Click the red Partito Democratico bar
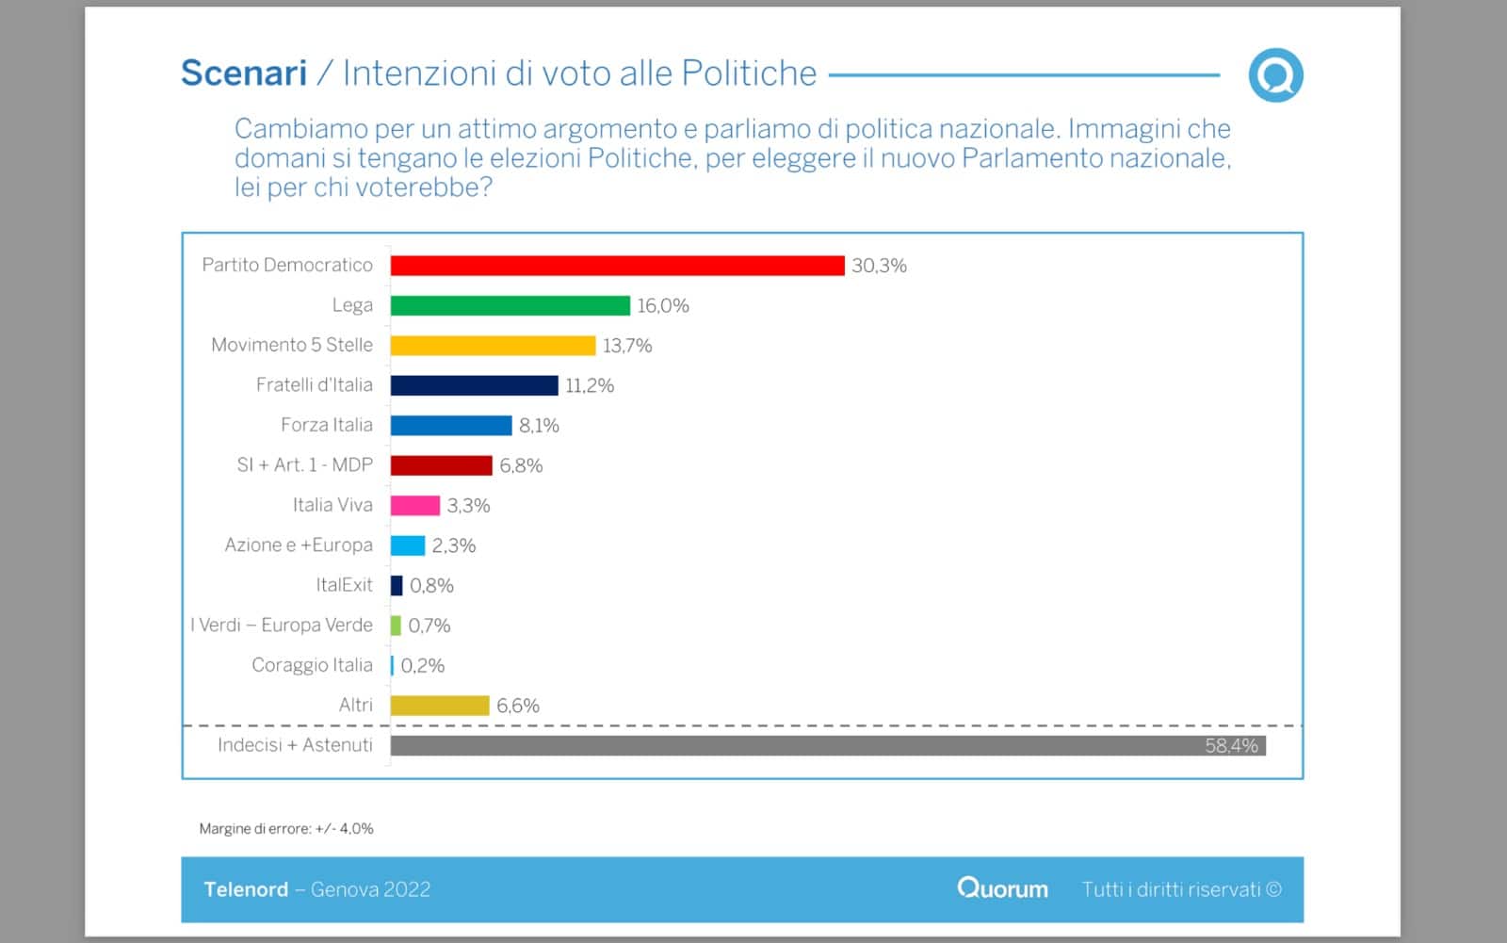617,266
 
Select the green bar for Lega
510,305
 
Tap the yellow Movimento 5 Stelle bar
493,346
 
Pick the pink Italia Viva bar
415,506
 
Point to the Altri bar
440,706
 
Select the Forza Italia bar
451,426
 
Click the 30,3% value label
879,266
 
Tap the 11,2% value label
590,385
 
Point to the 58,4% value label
1231,746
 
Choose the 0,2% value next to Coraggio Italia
423,666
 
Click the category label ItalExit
345,585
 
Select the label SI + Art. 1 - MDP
304,465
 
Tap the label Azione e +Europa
299,545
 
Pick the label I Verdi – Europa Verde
282,626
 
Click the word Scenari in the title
244,73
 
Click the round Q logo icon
1275,75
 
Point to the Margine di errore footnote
286,829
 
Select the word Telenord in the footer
246,889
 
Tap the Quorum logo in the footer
1002,888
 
